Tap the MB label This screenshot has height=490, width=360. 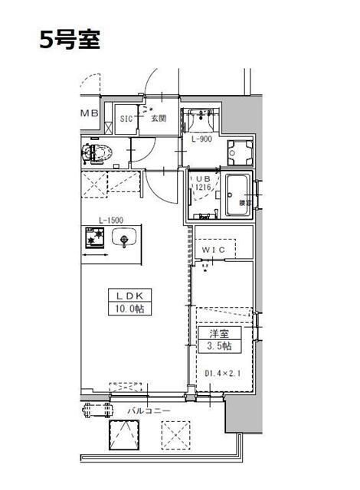(x=90, y=114)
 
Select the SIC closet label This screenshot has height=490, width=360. (x=128, y=118)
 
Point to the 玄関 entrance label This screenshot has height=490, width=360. (x=158, y=118)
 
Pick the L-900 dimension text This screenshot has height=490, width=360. (x=201, y=139)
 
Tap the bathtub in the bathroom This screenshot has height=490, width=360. (x=239, y=196)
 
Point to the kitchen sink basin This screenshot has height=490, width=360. (x=123, y=240)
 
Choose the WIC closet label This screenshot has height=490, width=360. (x=213, y=250)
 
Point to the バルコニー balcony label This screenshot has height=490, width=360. (x=149, y=411)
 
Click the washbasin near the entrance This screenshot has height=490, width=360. (x=201, y=118)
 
